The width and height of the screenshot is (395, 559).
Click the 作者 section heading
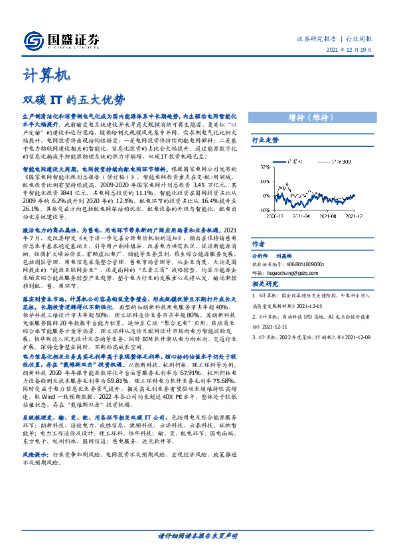pyautogui.click(x=259, y=244)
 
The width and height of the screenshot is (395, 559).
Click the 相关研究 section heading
pyautogui.click(x=266, y=283)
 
